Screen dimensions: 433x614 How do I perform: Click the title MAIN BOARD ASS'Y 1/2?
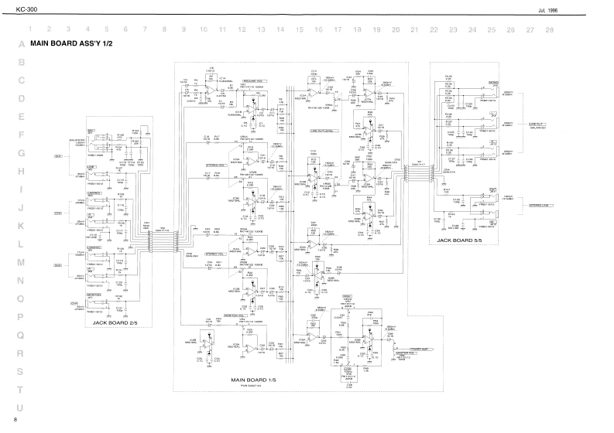click(x=71, y=45)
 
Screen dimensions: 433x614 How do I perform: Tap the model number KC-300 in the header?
click(x=16, y=8)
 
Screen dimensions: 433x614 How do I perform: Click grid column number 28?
click(x=549, y=29)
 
